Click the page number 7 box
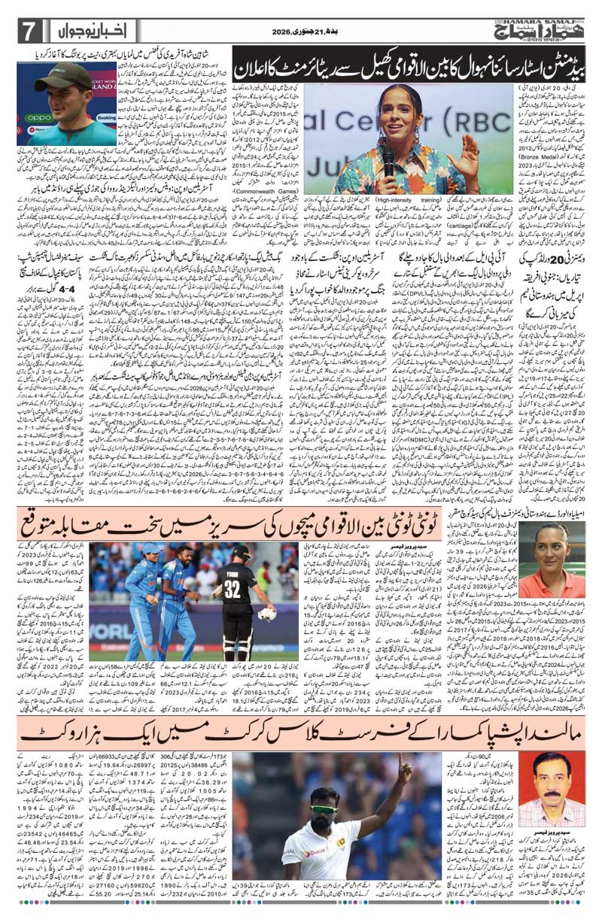pos(27,32)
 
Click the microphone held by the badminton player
pos(388,153)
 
